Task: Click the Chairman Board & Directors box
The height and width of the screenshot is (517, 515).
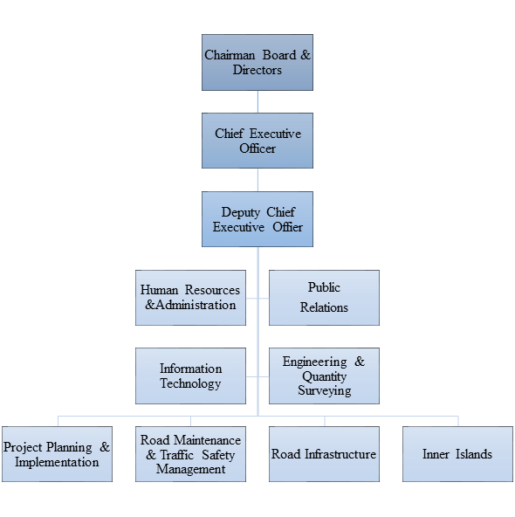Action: (x=257, y=62)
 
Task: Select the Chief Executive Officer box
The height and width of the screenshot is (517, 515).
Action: (x=257, y=141)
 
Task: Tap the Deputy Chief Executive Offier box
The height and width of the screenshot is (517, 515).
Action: (x=257, y=219)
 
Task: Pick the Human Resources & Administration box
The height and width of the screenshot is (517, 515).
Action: (x=190, y=298)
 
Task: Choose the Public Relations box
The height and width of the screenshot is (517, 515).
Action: (x=324, y=298)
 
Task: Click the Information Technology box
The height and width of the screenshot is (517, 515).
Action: (x=190, y=376)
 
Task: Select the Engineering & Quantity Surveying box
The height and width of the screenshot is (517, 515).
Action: (x=324, y=376)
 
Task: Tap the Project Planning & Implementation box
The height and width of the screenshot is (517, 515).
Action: (x=57, y=454)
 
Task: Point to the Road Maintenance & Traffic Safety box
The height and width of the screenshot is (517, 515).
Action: (x=190, y=454)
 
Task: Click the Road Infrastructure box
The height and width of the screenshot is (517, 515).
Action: (x=324, y=454)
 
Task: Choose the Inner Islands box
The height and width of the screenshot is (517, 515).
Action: (x=457, y=454)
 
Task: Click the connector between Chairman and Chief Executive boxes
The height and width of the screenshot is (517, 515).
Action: (x=257, y=102)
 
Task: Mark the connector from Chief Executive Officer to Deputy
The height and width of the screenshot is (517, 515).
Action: (x=257, y=180)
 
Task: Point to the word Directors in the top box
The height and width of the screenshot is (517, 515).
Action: (x=257, y=70)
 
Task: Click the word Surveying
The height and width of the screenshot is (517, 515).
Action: (x=325, y=390)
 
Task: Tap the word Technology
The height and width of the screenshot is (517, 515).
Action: (x=190, y=383)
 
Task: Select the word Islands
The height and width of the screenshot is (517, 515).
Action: (x=474, y=454)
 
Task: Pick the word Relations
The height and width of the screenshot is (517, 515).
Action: (x=324, y=307)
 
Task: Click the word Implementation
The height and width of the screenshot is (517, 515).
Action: (x=57, y=462)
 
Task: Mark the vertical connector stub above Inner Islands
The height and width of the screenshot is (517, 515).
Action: (x=458, y=421)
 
